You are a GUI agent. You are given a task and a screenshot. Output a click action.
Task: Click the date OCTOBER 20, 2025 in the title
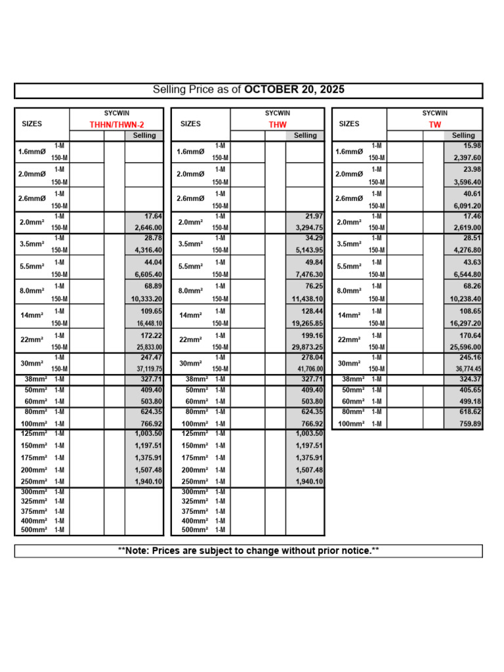[x=294, y=90]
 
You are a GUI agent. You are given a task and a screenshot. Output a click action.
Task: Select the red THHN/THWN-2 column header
[x=116, y=125]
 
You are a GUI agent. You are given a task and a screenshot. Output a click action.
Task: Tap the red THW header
[x=278, y=125]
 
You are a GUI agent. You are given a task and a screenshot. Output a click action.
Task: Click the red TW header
[x=434, y=125]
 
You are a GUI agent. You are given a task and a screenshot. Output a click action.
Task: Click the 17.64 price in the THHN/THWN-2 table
[x=152, y=216]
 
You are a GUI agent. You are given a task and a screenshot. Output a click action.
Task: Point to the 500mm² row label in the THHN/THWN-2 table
[x=33, y=530]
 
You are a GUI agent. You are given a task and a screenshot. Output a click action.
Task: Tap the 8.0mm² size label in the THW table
[x=190, y=291]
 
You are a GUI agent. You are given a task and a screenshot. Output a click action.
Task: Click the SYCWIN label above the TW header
[x=434, y=113]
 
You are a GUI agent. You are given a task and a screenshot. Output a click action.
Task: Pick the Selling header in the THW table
[x=304, y=135]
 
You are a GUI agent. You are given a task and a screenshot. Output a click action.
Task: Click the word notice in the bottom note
[x=355, y=551]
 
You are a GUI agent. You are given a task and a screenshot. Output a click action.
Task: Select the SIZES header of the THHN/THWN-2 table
[x=31, y=123]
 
